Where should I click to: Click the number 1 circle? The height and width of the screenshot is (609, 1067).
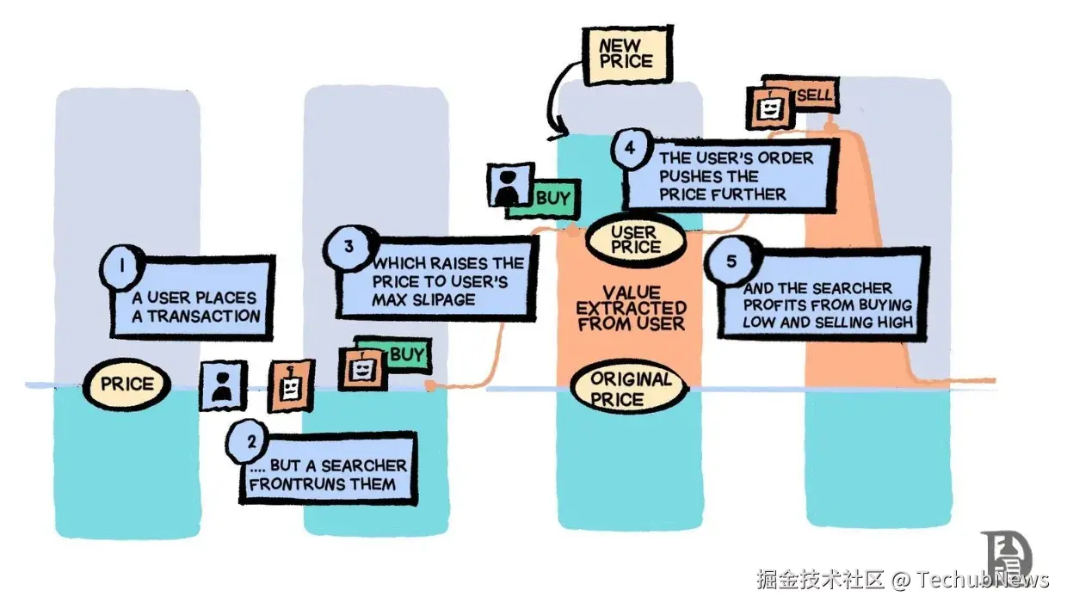(x=123, y=267)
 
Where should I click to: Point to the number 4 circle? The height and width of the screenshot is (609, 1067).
(x=631, y=149)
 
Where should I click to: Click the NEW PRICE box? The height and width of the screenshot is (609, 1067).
(x=626, y=54)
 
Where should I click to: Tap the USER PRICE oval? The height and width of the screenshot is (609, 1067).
(x=636, y=239)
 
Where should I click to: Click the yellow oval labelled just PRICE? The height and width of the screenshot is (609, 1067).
(x=126, y=384)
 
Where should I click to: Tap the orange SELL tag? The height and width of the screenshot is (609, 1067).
(x=814, y=95)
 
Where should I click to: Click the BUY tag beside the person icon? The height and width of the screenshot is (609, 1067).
(x=552, y=199)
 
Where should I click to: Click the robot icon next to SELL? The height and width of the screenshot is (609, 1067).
(x=769, y=108)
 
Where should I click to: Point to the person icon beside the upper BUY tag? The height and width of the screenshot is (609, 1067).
(x=510, y=183)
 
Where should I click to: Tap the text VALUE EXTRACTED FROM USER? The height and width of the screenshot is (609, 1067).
(x=631, y=308)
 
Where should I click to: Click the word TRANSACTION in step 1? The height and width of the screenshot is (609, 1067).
(x=203, y=316)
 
